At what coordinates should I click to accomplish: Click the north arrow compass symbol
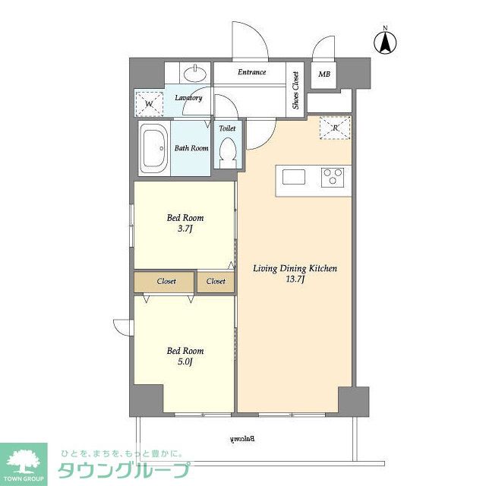click(x=385, y=43)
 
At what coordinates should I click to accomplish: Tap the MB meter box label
click(x=324, y=74)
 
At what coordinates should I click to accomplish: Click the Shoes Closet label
click(x=295, y=90)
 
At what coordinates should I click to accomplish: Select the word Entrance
click(x=251, y=72)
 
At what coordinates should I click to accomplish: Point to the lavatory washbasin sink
click(x=195, y=73)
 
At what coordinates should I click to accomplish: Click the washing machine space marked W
click(x=149, y=103)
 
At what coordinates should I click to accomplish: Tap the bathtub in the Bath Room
click(x=154, y=149)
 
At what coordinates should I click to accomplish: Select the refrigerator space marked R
click(x=335, y=128)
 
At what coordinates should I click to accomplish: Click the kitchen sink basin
click(x=294, y=177)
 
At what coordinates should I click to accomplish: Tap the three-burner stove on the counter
click(x=333, y=177)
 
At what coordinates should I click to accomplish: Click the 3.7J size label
click(x=185, y=229)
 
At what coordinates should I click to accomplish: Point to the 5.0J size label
click(x=185, y=361)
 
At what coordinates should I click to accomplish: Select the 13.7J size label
click(x=295, y=279)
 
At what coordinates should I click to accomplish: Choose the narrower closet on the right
click(x=216, y=282)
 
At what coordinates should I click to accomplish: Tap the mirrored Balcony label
click(x=242, y=439)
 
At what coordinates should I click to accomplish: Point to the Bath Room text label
click(x=191, y=148)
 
